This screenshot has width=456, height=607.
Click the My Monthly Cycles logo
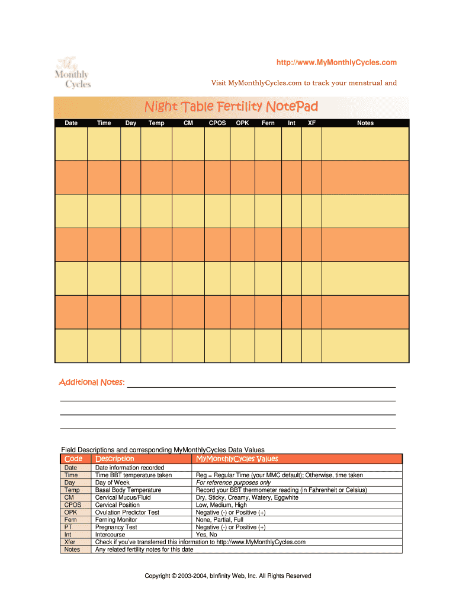[72, 73]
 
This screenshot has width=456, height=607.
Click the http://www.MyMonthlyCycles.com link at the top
[337, 63]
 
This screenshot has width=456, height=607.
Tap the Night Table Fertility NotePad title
[232, 107]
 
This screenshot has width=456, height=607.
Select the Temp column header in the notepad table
[156, 123]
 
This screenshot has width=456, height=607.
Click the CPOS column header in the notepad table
[217, 123]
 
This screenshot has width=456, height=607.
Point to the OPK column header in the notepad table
[242, 123]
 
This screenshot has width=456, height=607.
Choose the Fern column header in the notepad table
[268, 123]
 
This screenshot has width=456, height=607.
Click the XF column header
[312, 123]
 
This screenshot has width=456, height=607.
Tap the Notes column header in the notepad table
[365, 123]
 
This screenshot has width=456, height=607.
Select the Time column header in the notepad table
[104, 123]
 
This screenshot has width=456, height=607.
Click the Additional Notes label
[92, 382]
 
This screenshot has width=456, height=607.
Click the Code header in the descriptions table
[73, 459]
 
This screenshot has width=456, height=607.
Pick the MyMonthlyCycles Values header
[236, 459]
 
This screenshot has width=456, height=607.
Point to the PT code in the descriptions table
[71, 527]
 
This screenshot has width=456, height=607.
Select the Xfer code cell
[71, 542]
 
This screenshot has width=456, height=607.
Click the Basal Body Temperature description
[128, 490]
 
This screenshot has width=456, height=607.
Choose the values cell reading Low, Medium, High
[221, 505]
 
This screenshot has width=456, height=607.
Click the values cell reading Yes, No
[207, 535]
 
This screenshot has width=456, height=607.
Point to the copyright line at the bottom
[228, 576]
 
